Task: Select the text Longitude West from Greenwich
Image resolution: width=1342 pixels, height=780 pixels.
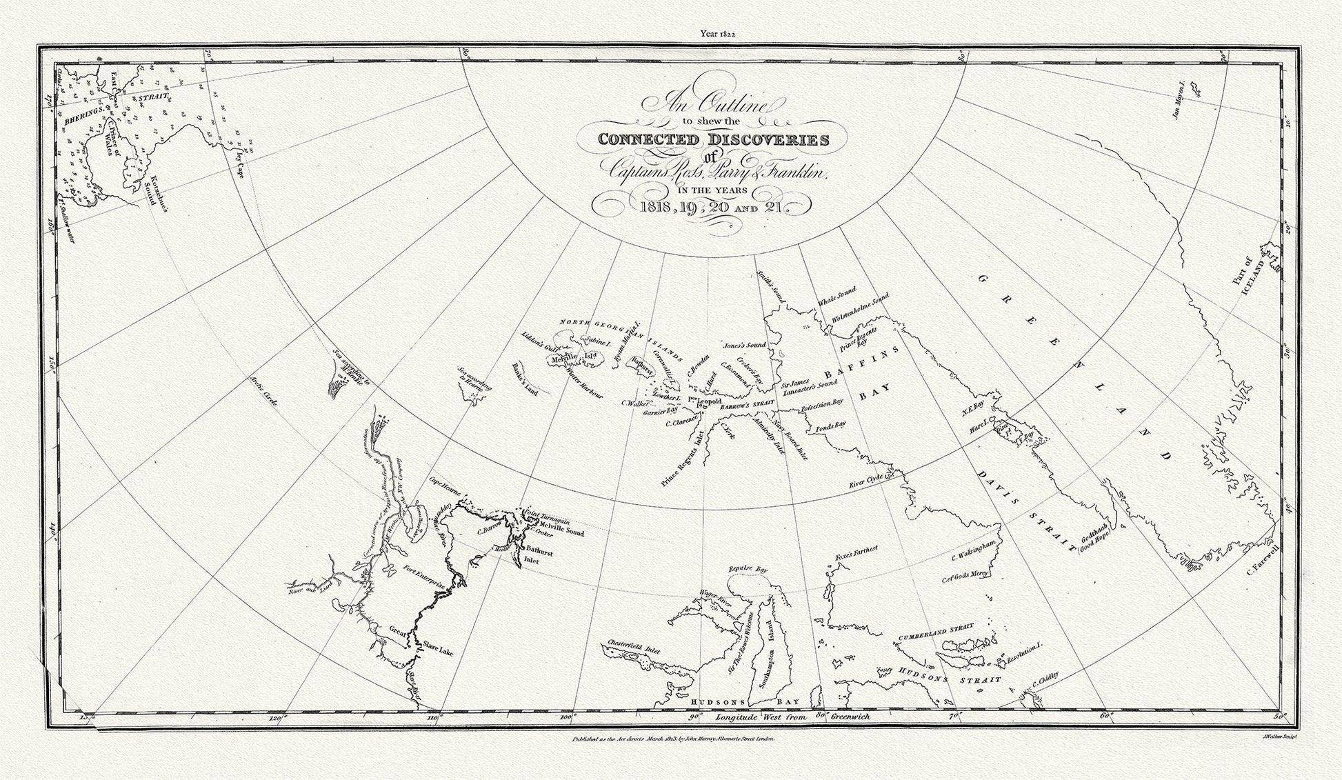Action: [x=792, y=717]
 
